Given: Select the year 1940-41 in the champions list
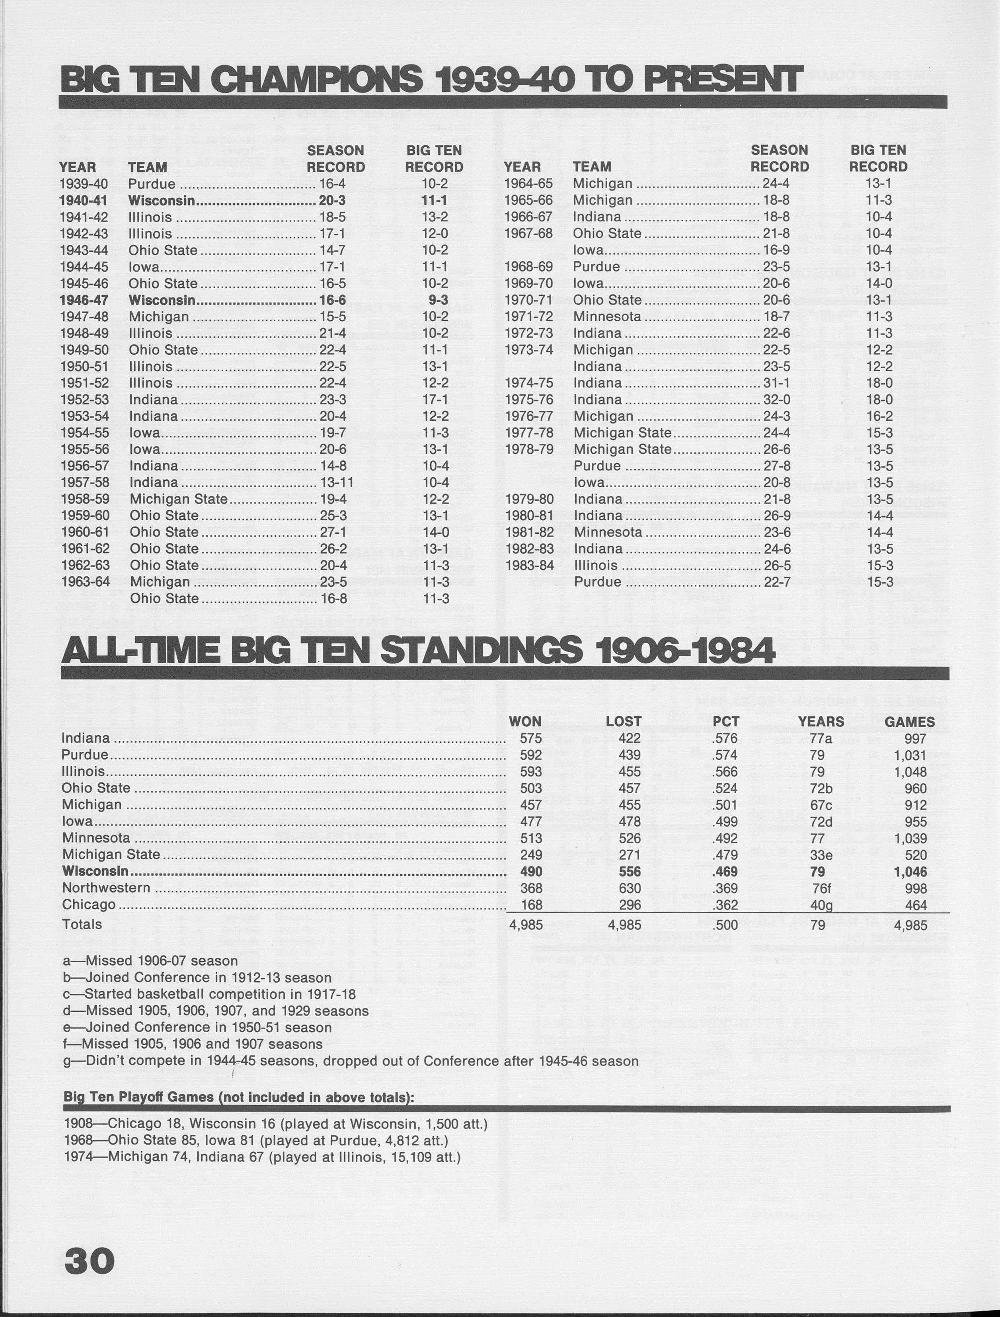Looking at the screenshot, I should (x=83, y=201).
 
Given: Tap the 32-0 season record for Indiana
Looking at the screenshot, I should (x=776, y=400).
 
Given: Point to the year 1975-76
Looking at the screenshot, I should (x=528, y=400).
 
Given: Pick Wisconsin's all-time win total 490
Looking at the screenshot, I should (x=531, y=871).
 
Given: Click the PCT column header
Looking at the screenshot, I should (x=726, y=722).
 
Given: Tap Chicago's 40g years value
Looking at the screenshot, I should (x=821, y=905).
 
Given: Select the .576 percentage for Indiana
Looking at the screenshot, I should (x=725, y=738).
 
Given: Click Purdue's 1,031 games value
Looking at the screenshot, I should (x=910, y=755).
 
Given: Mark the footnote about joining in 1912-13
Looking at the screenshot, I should (x=197, y=978).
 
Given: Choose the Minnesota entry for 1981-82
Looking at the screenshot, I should (x=608, y=532).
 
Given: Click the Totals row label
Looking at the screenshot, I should (x=82, y=925).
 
